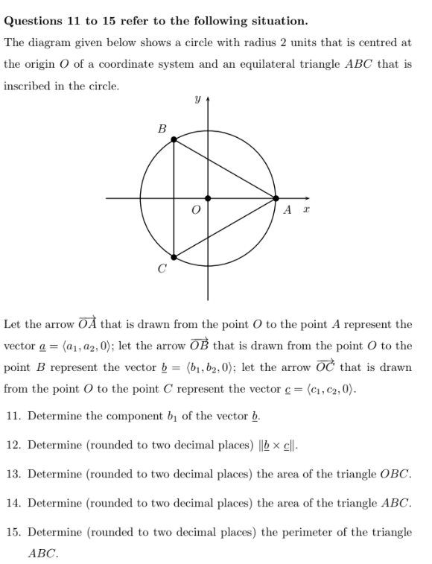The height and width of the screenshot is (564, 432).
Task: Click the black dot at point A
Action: pyautogui.click(x=276, y=198)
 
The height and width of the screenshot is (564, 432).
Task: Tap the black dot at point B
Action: pyautogui.click(x=174, y=139)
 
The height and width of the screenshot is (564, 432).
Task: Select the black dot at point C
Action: pyautogui.click(x=174, y=257)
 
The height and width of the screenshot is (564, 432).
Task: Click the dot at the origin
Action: pyautogui.click(x=208, y=198)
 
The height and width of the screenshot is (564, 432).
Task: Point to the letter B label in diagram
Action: pyautogui.click(x=162, y=128)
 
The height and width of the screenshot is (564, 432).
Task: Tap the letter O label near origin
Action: pyautogui.click(x=197, y=211)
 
